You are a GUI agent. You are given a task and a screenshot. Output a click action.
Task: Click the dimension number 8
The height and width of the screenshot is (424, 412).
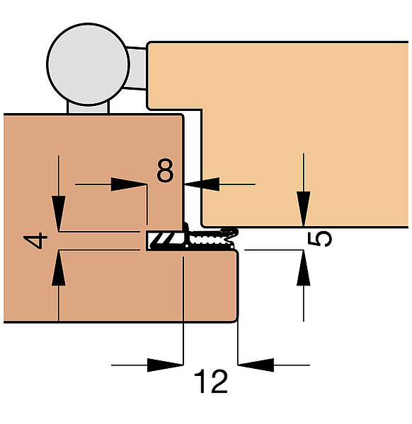tap(165, 170)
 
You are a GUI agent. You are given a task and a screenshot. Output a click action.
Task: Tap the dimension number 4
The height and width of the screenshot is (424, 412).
tap(35, 240)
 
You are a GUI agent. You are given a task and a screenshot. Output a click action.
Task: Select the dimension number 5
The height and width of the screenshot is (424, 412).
tap(320, 239)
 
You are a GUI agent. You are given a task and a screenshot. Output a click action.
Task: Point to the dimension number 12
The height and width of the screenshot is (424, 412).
tap(211, 382)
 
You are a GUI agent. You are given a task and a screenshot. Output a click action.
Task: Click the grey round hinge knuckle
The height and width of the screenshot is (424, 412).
tap(88, 64)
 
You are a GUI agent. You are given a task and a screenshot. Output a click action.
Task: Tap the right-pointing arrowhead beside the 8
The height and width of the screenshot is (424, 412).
tap(129, 184)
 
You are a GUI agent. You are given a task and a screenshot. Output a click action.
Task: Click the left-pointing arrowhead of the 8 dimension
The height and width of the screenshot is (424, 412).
tap(202, 184)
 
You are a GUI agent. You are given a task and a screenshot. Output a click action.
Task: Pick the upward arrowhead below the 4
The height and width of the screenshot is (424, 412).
tap(59, 269)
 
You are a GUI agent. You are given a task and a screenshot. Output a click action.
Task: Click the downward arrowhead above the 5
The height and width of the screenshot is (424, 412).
tap(304, 208)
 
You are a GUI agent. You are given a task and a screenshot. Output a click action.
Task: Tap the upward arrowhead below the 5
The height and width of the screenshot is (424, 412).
tap(304, 268)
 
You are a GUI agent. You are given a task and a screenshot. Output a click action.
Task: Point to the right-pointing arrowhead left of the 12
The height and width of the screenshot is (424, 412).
tap(165, 365)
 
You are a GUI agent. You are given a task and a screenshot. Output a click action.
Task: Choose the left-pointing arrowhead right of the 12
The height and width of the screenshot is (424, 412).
tap(256, 365)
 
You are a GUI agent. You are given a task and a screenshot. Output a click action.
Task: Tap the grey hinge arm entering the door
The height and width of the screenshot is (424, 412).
tap(137, 68)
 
